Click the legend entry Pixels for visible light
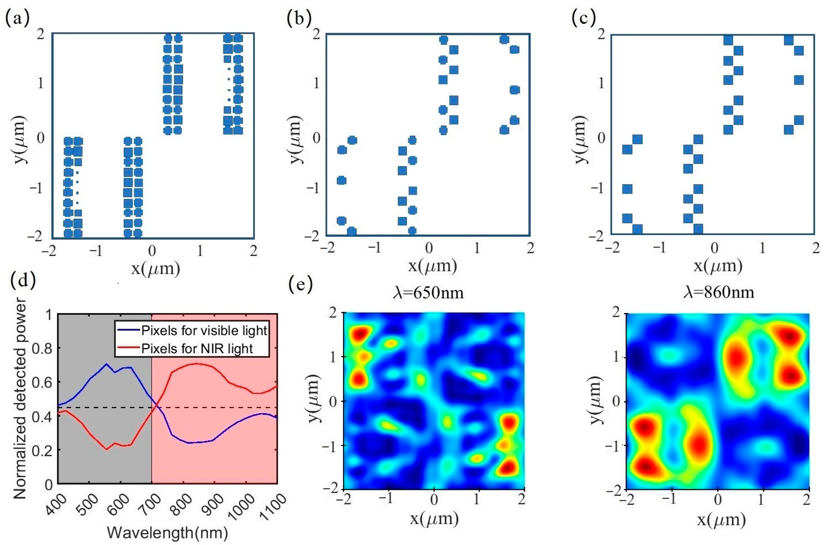pos(203,331)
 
